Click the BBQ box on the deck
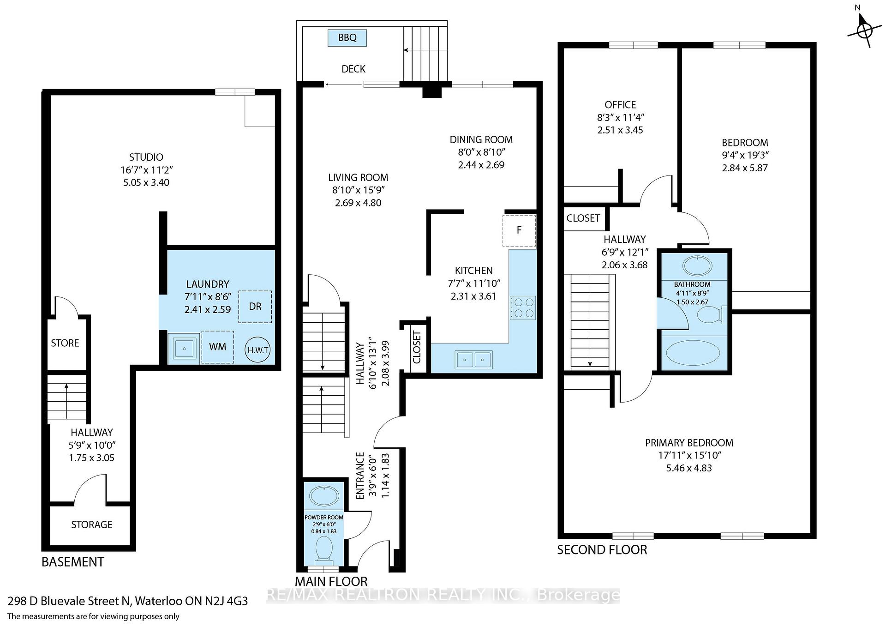pos(347,38)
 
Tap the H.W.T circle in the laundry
pos(258,350)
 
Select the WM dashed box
pos(217,347)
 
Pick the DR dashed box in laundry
pos(255,307)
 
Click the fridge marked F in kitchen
pos(520,230)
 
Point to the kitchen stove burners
pos(523,308)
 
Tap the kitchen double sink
pos(474,359)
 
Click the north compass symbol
pos(864,30)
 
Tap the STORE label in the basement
pos(65,343)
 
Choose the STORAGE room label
pos(92,525)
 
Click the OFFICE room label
pos(620,105)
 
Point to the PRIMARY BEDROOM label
pos(689,443)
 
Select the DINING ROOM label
pos(481,139)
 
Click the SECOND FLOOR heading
pos(602,549)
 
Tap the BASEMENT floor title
pos(73,562)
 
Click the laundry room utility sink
pos(184,349)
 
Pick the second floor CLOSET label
pos(583,218)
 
